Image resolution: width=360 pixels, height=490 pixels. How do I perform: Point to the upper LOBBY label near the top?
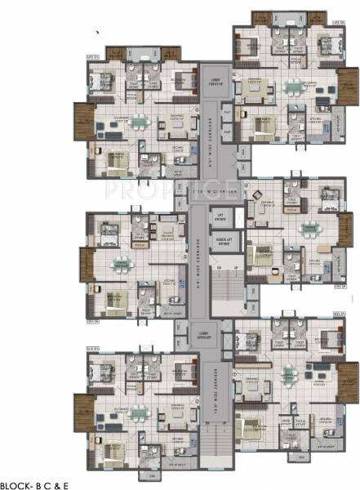pos(215,80)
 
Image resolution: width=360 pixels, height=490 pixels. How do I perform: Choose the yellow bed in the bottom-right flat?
pos(255,427)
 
